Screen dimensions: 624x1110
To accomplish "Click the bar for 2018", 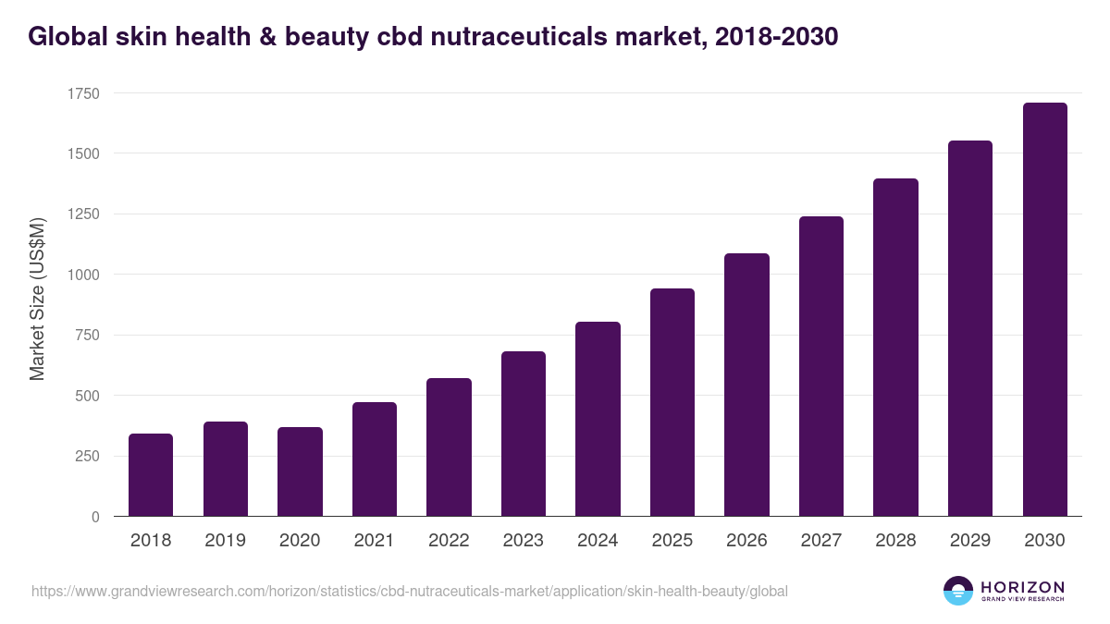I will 151,475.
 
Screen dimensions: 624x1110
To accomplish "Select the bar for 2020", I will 300,471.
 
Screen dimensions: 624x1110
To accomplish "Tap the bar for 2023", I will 523,434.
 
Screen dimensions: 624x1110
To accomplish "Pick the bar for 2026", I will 746,385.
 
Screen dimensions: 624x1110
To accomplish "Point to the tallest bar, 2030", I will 1044,310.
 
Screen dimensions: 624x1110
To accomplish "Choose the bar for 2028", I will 895,348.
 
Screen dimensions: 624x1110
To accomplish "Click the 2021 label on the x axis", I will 374,540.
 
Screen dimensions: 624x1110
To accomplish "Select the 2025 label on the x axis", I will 672,540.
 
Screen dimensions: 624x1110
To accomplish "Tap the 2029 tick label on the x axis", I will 969,540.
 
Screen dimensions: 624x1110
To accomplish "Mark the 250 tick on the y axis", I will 88,457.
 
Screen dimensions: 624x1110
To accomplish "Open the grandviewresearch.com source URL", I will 409,591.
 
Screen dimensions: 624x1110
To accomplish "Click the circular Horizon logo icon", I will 957,591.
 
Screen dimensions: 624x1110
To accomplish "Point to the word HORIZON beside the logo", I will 1022,587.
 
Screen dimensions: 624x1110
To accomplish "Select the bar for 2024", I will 598,419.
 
